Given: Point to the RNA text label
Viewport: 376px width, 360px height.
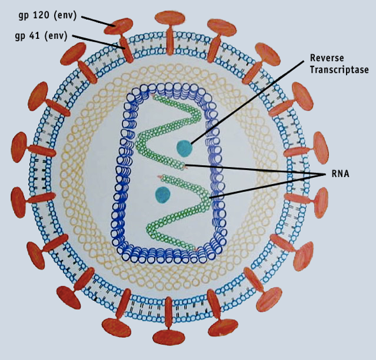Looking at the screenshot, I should pos(340,173).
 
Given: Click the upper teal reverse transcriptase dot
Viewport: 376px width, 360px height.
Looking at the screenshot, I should pos(185,148).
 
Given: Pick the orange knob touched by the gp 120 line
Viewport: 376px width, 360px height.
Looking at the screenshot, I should pos(120,24).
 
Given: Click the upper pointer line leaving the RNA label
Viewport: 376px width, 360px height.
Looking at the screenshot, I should pos(255,169).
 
